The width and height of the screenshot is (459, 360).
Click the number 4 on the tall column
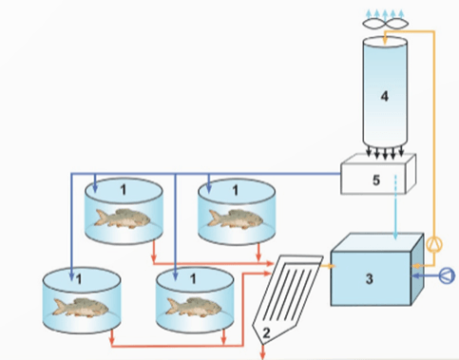(385, 96)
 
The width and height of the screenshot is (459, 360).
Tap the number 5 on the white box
(376, 180)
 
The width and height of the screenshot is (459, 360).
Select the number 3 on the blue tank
(370, 279)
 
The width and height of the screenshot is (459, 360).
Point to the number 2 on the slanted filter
(266, 332)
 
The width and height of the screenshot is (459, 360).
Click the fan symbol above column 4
(385, 24)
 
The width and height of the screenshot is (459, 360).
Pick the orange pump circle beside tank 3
(434, 244)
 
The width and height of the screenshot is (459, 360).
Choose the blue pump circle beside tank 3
(447, 275)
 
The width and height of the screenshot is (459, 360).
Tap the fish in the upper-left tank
(123, 218)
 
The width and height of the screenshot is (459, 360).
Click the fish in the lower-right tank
(194, 307)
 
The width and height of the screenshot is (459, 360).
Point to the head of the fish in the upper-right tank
(256, 219)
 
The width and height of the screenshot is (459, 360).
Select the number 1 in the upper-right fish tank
(235, 190)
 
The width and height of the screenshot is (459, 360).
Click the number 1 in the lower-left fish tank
(79, 279)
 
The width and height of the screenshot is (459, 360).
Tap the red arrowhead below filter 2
(263, 356)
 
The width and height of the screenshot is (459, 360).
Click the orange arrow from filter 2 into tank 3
(328, 266)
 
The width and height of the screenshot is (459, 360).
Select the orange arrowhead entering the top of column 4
(385, 41)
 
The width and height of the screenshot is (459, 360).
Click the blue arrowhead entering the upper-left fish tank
(95, 189)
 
